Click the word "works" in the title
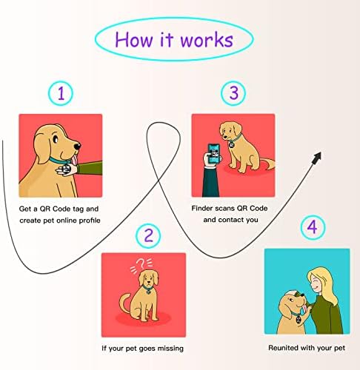207,40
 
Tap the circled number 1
61,93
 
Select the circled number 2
148,235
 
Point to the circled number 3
233,93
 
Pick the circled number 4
313,227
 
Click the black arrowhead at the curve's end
317,158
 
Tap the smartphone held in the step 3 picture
213,153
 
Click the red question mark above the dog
141,263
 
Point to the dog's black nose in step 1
78,147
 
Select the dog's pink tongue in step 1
75,159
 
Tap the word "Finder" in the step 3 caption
202,208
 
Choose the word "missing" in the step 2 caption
170,349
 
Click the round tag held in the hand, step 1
67,169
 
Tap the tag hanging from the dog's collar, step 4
299,319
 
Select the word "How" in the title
134,40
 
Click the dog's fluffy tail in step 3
267,164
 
